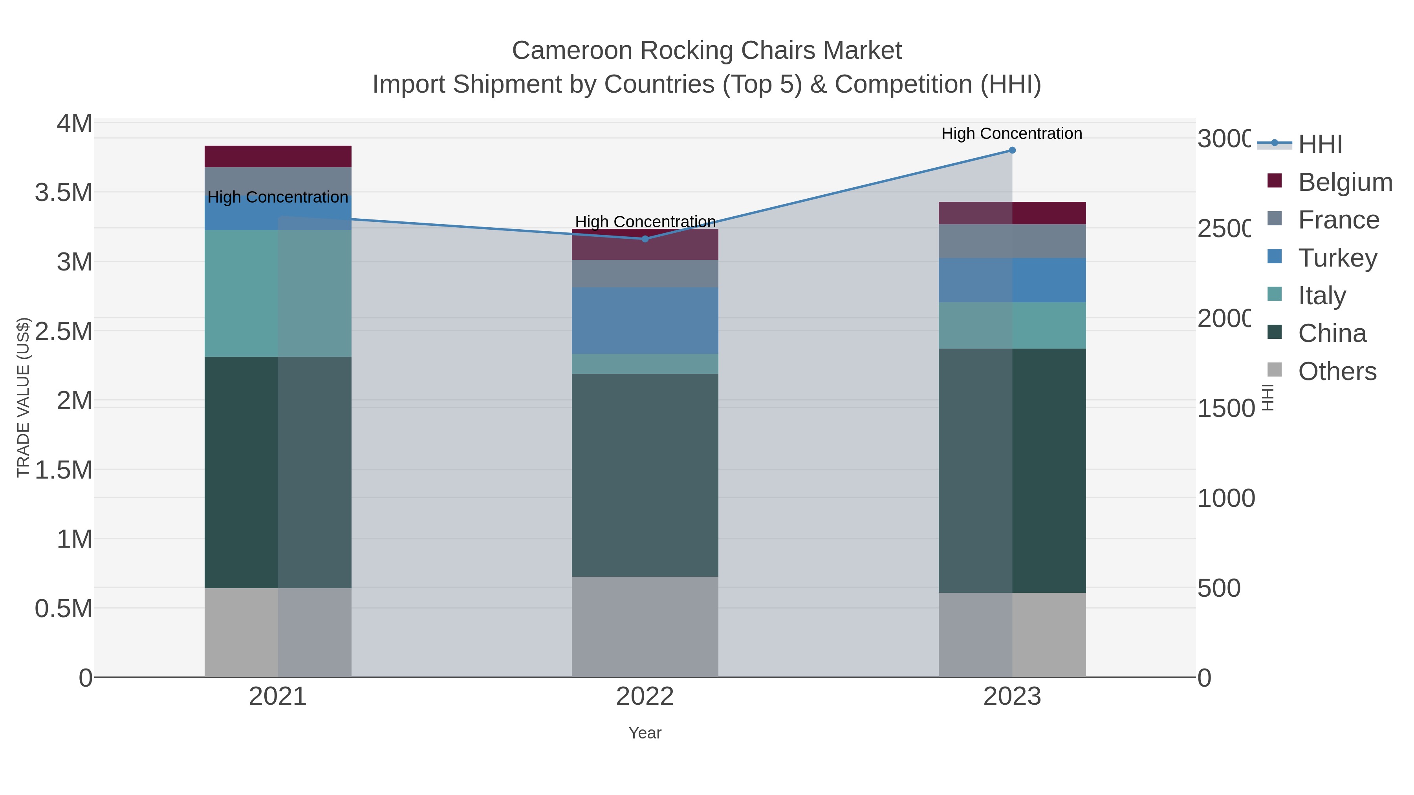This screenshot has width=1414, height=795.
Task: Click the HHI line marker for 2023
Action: [1012, 150]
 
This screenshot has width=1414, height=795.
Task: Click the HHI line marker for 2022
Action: [645, 239]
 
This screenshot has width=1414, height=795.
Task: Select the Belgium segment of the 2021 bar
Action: [278, 156]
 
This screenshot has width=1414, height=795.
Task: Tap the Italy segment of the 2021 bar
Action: [278, 294]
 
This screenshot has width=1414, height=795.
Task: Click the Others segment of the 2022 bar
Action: [645, 627]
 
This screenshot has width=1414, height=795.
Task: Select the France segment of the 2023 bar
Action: [1012, 241]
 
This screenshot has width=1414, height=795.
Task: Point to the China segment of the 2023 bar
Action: [1012, 470]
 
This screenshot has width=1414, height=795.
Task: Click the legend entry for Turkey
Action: [1337, 258]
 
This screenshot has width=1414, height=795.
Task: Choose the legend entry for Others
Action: [1337, 371]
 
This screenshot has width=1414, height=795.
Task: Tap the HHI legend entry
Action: [1320, 144]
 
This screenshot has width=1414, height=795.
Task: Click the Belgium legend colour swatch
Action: [1275, 181]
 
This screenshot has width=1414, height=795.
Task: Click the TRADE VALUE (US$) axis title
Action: [23, 397]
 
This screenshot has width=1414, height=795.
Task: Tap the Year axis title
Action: [645, 733]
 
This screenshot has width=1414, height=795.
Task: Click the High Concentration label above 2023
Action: [1012, 133]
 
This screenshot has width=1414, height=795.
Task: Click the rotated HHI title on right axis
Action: [1267, 397]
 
